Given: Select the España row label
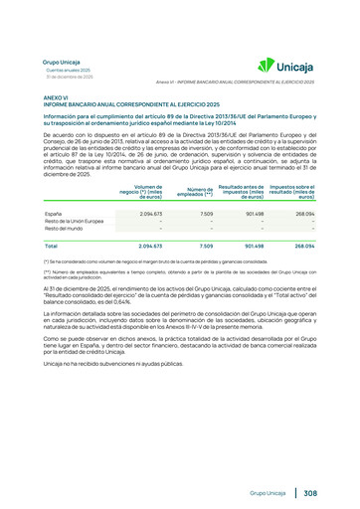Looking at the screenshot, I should (x=54, y=213).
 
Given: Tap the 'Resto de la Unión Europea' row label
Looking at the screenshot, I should (x=73, y=222).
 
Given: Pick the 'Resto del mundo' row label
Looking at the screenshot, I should (x=62, y=230).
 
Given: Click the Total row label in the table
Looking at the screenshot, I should (x=51, y=246).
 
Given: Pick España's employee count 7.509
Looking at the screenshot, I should (x=207, y=213).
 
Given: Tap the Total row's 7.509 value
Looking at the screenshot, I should (x=207, y=246).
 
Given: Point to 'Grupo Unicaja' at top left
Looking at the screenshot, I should (x=62, y=62).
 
